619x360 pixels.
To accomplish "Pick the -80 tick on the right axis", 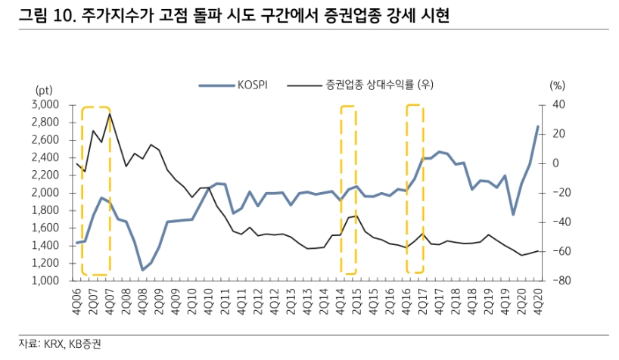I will [x=558, y=281].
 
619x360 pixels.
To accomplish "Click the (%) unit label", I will [x=558, y=85].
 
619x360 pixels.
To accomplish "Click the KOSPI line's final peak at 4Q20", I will [x=538, y=126].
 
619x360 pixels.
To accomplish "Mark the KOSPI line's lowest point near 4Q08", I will [x=143, y=270].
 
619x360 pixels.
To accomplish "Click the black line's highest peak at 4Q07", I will [x=110, y=114].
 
